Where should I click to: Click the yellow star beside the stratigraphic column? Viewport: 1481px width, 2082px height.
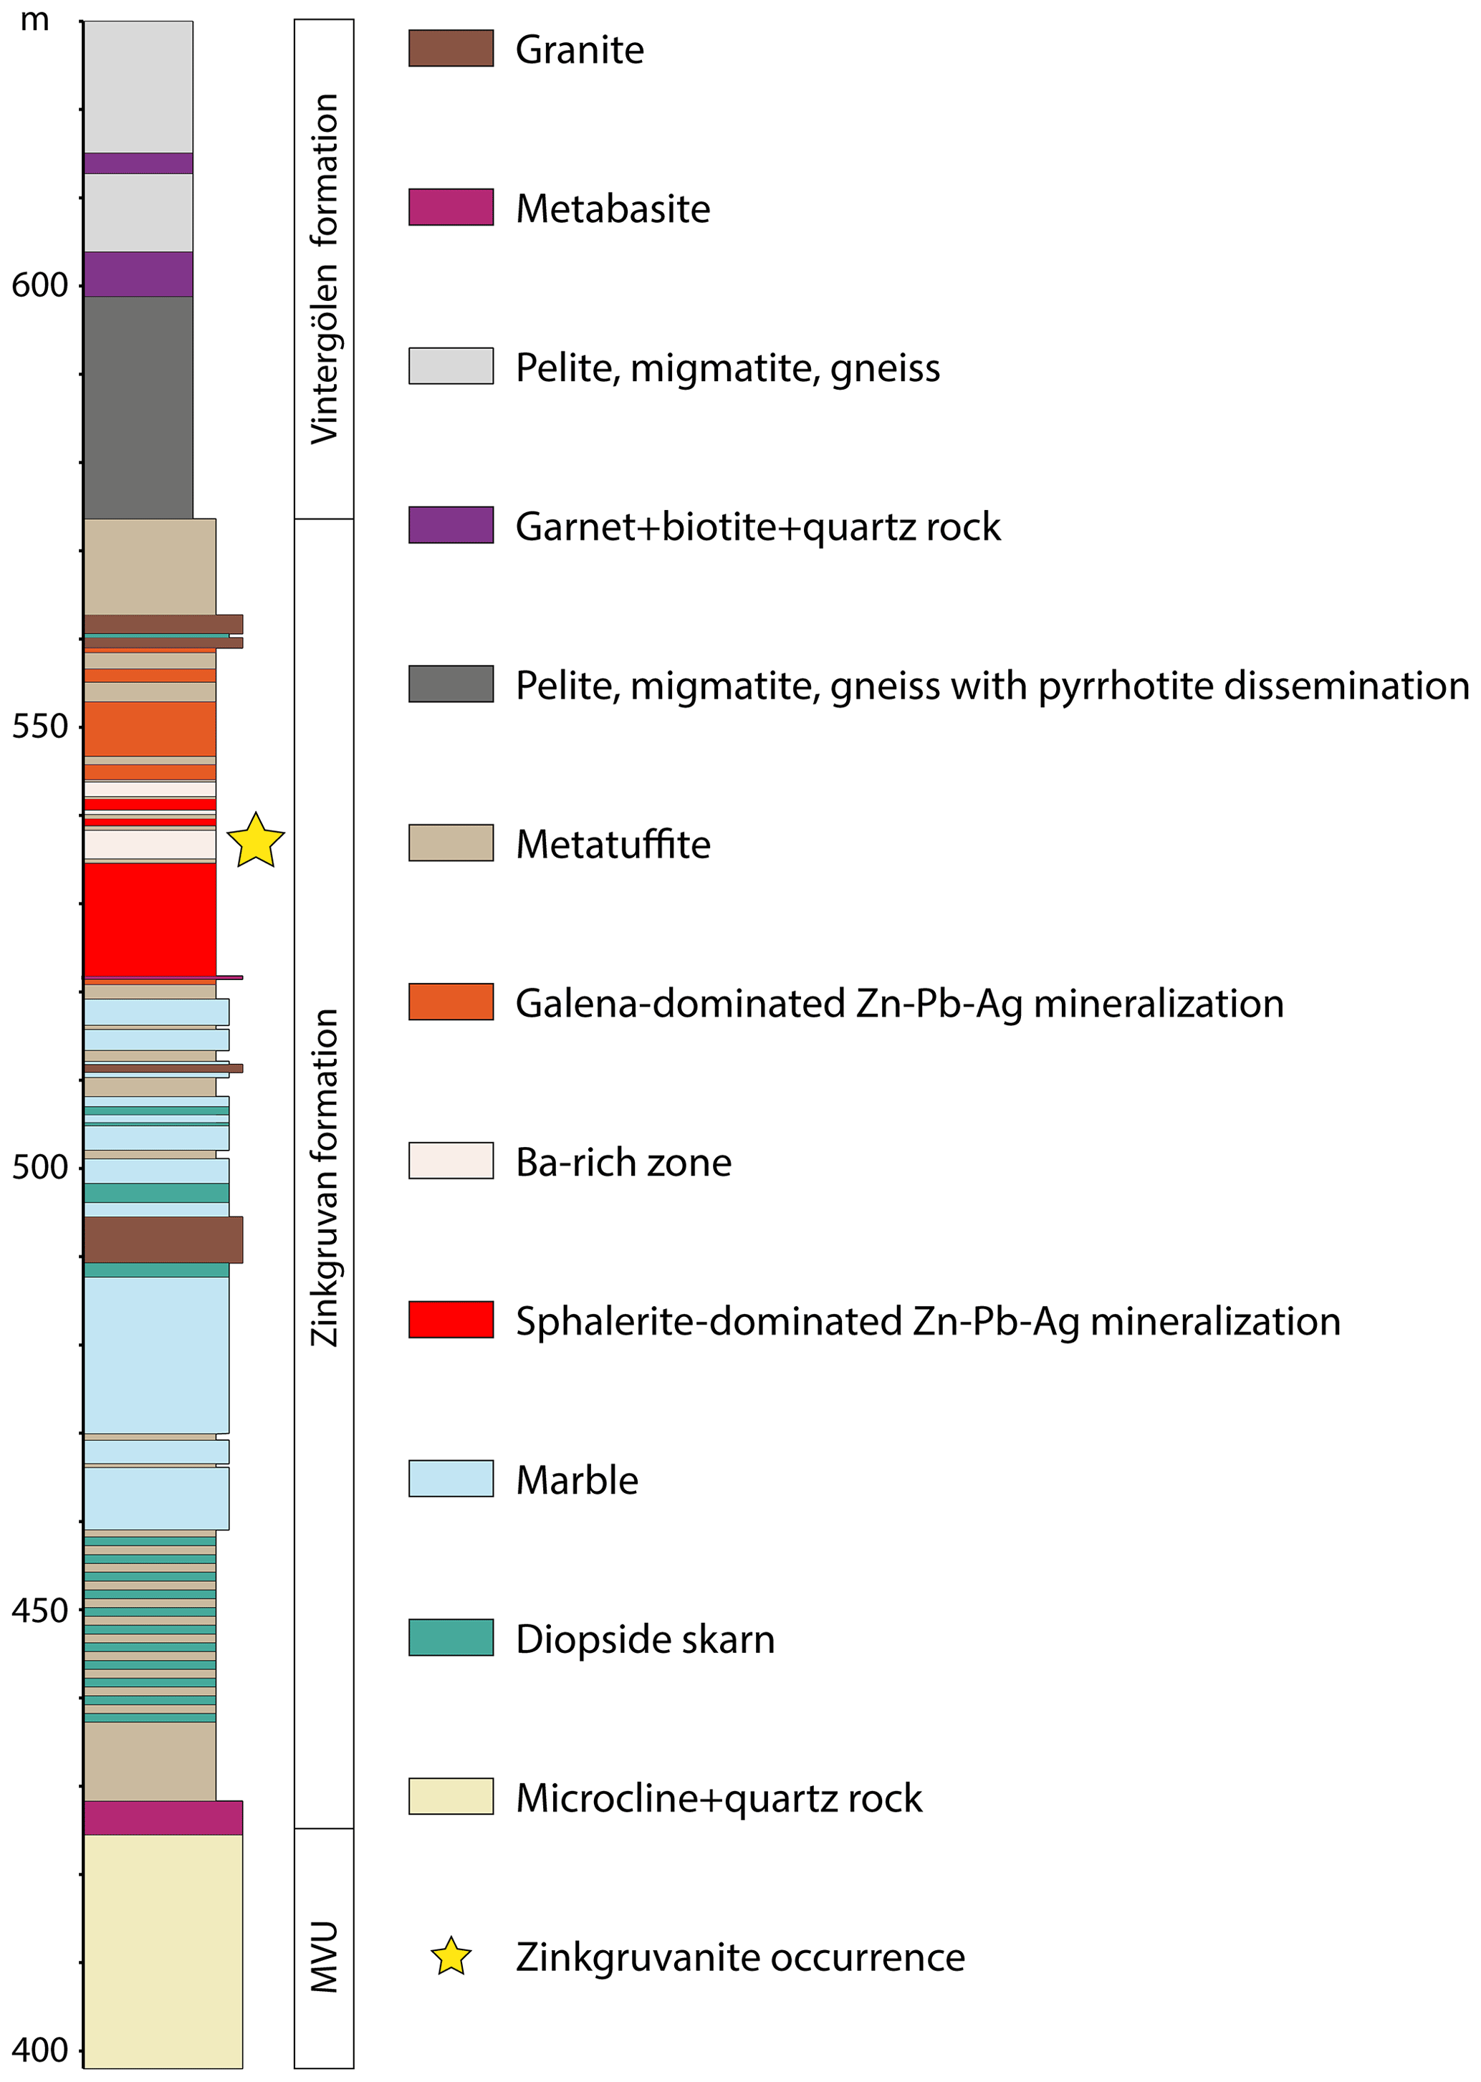tap(255, 841)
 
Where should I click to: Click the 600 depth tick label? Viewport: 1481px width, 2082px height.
tap(39, 285)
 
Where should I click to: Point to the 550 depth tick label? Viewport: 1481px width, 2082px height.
tap(39, 726)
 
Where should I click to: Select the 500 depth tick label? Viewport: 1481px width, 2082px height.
tap(39, 1166)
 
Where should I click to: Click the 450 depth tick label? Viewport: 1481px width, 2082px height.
tap(39, 1611)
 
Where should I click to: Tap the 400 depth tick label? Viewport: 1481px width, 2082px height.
tap(39, 2050)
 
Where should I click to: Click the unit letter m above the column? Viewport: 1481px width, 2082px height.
tap(34, 20)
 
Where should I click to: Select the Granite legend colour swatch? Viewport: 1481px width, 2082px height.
tap(451, 48)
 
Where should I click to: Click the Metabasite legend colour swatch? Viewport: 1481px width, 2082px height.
tap(451, 207)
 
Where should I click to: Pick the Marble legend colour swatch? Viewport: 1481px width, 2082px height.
tap(451, 1478)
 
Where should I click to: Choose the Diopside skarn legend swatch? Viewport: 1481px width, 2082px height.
tap(451, 1637)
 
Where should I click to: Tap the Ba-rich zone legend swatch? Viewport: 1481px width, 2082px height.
tap(451, 1161)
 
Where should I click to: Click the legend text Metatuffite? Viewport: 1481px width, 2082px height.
tap(613, 845)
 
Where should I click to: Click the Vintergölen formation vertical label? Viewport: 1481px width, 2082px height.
tap(324, 269)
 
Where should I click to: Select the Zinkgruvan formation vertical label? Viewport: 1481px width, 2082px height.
tap(324, 1176)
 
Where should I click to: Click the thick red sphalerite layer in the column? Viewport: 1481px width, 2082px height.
tap(150, 919)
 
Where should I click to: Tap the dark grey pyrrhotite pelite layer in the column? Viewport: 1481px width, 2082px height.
tap(138, 408)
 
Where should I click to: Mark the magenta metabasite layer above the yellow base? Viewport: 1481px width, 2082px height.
tap(163, 1818)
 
